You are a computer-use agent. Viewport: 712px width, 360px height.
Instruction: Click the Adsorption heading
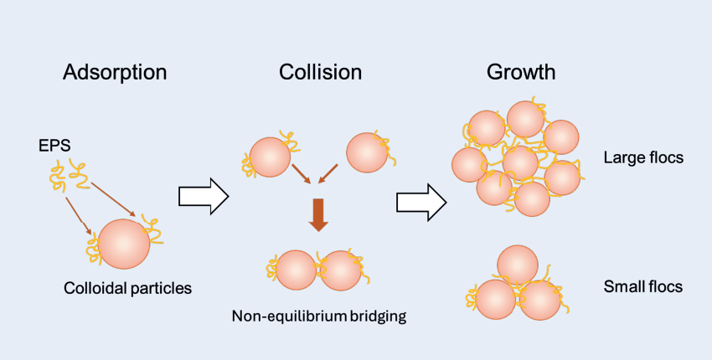coord(115,72)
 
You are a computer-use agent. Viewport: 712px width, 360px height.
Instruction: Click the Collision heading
coord(320,72)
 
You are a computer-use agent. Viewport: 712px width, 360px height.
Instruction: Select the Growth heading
coord(520,72)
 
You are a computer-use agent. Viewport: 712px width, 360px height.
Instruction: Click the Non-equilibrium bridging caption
coord(318,316)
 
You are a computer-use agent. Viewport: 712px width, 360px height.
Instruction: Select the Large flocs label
coord(643,157)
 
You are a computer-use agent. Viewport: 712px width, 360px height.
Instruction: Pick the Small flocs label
coord(642,287)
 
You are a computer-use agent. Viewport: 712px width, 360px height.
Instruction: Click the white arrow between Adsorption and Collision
coord(204,197)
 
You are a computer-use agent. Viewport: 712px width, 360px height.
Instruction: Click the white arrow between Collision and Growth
coord(421,199)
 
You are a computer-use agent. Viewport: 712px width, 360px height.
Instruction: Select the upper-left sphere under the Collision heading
coord(270,157)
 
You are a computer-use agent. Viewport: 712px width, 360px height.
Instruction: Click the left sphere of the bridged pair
coord(296,270)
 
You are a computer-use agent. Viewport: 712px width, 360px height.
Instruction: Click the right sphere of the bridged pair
coord(340,270)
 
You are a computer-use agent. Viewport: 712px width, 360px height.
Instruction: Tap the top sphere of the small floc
coord(518,265)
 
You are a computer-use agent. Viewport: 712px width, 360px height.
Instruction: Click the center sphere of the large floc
coord(520,162)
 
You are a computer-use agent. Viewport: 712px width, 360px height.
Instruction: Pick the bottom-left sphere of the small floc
coord(495,300)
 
